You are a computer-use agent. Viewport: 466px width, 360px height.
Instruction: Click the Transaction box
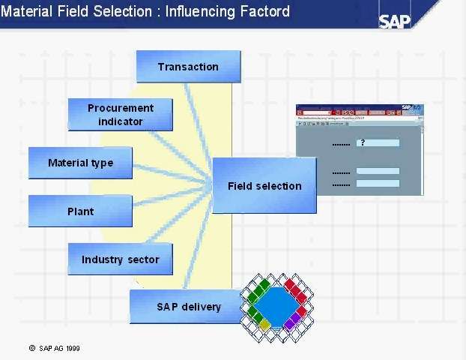point(188,67)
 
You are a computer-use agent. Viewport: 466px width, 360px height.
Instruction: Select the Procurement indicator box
point(120,115)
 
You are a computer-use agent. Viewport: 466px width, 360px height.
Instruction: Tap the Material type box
point(80,163)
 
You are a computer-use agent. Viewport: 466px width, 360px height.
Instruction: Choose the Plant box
point(80,211)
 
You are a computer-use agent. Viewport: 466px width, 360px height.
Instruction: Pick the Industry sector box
point(120,259)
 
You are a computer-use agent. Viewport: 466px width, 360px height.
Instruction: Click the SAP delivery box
point(188,307)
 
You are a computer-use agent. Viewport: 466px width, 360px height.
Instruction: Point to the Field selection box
point(264,186)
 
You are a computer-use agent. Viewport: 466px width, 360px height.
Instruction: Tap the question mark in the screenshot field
point(363,142)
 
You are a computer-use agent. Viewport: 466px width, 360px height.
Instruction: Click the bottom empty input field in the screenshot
point(378,184)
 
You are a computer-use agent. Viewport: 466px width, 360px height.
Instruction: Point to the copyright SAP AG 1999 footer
point(55,348)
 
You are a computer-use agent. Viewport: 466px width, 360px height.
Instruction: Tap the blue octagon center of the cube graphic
point(276,304)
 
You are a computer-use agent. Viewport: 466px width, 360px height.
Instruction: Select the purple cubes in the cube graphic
point(291,322)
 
